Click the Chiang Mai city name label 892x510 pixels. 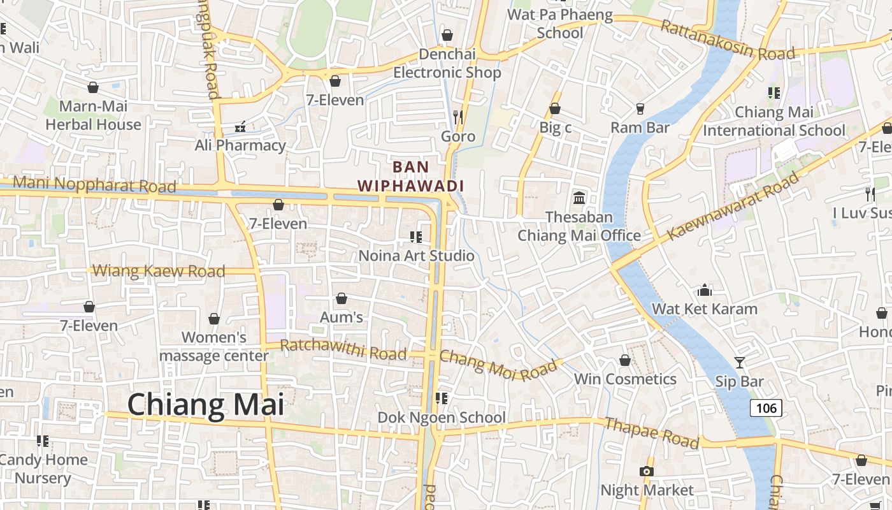(x=205, y=405)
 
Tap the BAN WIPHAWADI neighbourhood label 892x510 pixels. (x=410, y=177)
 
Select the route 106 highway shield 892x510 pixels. (x=765, y=408)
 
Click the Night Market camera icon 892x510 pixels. (x=647, y=472)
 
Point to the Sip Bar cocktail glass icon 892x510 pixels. (x=739, y=363)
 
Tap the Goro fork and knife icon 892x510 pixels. (x=457, y=117)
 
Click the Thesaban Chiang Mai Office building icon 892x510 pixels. (x=579, y=198)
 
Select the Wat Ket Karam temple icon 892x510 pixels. (x=705, y=290)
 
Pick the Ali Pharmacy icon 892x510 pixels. (x=240, y=127)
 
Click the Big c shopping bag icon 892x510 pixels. (x=555, y=109)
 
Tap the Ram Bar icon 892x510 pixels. (x=640, y=109)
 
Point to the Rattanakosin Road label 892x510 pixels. (x=727, y=40)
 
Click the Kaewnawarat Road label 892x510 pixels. (x=732, y=207)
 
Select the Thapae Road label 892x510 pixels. (x=651, y=433)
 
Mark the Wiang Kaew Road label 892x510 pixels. (x=159, y=271)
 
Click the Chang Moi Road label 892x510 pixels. (x=498, y=365)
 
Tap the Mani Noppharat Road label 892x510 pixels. (x=94, y=185)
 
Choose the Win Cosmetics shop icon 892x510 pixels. (x=625, y=361)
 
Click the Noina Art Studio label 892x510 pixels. (x=416, y=256)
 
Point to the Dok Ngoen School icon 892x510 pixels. (x=441, y=399)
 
